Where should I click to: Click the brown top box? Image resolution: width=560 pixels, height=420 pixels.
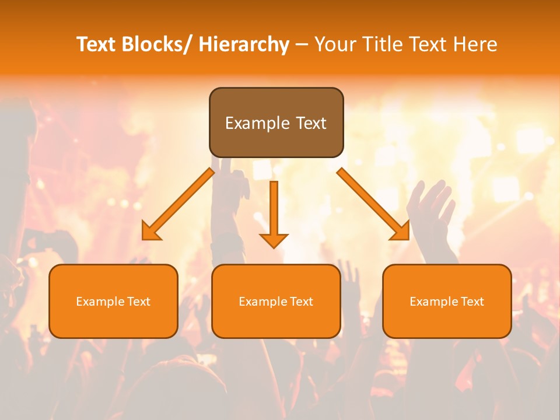tap(276, 123)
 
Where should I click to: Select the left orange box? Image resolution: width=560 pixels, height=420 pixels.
tap(113, 301)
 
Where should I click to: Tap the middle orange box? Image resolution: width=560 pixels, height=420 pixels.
tap(276, 301)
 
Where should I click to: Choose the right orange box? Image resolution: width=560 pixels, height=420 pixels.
tap(447, 301)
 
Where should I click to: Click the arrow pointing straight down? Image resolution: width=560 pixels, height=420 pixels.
tap(274, 213)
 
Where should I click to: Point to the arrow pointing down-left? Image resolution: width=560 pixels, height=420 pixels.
tap(178, 204)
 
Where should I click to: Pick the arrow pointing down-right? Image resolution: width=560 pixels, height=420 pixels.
tap(373, 204)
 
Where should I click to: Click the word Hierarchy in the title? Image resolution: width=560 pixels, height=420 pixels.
tap(244, 44)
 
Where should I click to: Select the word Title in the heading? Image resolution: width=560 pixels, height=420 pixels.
tap(382, 44)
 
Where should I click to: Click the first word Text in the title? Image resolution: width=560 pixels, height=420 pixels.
tap(97, 44)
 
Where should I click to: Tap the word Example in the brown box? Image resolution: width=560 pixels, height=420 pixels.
tap(258, 123)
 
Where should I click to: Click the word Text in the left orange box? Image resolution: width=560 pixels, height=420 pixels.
tap(138, 302)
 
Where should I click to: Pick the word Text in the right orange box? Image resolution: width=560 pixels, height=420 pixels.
tap(472, 302)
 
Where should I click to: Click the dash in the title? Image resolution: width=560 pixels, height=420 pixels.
tap(302, 44)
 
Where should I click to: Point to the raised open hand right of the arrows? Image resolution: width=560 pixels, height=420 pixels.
tap(432, 204)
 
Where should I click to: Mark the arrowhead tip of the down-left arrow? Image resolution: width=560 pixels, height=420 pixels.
tap(143, 239)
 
